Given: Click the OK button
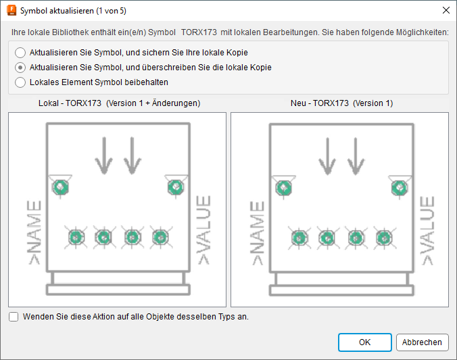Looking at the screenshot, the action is pyautogui.click(x=364, y=342).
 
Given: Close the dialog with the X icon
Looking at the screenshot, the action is pyautogui.click(x=446, y=11).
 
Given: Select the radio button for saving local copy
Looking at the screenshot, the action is pyautogui.click(x=20, y=53).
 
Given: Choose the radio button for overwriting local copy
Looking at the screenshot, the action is pyautogui.click(x=20, y=68).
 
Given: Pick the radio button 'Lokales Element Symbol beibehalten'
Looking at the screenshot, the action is pyautogui.click(x=20, y=82).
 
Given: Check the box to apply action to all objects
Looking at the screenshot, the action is pyautogui.click(x=14, y=317).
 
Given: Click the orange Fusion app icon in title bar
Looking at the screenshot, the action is pyautogui.click(x=11, y=11).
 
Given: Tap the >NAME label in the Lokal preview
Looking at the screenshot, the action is pyautogui.click(x=34, y=232).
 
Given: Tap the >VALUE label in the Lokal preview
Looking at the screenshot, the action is pyautogui.click(x=203, y=230).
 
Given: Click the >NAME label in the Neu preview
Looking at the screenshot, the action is pyautogui.click(x=257, y=233).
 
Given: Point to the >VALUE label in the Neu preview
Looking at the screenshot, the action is pyautogui.click(x=427, y=230).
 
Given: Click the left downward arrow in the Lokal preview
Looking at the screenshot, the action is pyautogui.click(x=104, y=156).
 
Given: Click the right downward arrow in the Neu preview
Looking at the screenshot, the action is pyautogui.click(x=356, y=157).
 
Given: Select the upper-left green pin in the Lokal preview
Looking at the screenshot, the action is pyautogui.click(x=61, y=187).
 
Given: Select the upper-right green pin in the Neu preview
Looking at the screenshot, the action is pyautogui.click(x=400, y=188).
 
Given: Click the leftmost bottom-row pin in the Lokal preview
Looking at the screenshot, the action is pyautogui.click(x=76, y=237).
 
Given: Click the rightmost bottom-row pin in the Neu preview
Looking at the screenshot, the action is pyautogui.click(x=384, y=238).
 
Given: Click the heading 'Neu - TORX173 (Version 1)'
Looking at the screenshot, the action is pyautogui.click(x=341, y=103).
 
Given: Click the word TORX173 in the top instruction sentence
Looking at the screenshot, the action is pyautogui.click(x=199, y=32).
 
